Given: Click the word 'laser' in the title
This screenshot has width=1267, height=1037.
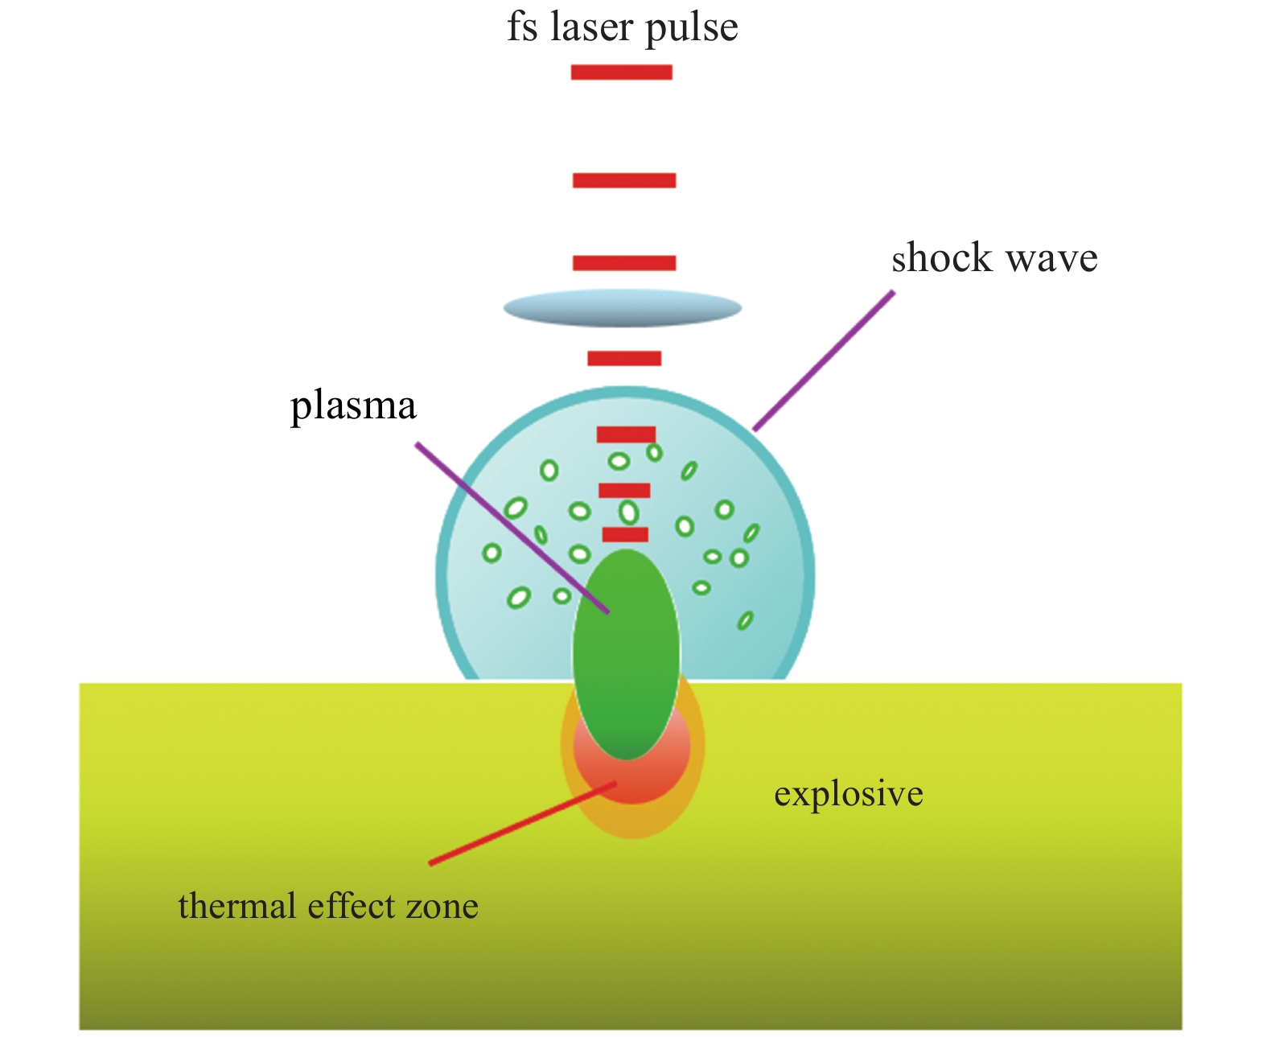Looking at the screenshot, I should (590, 27).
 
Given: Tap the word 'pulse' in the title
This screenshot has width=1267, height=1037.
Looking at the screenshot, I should (692, 29).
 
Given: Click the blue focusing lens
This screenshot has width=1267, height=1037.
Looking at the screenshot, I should (622, 308).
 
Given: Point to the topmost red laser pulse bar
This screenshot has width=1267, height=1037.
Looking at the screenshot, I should (621, 72).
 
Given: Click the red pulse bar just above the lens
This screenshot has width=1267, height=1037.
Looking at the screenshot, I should (623, 263).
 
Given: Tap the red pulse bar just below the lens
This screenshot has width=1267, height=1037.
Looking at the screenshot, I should (624, 358).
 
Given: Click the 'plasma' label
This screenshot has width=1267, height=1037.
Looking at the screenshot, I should (353, 406).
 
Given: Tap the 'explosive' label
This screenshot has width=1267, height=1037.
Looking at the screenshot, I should (848, 794).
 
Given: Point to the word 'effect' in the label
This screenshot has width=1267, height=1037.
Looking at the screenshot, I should (352, 906).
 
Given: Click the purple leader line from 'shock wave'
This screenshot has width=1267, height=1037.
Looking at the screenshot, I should (823, 361).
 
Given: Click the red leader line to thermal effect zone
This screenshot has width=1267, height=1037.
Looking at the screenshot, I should (523, 823).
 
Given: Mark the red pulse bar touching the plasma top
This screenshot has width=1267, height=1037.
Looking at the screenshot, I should (625, 534).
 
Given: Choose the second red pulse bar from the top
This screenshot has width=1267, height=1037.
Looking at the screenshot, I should (623, 180).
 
